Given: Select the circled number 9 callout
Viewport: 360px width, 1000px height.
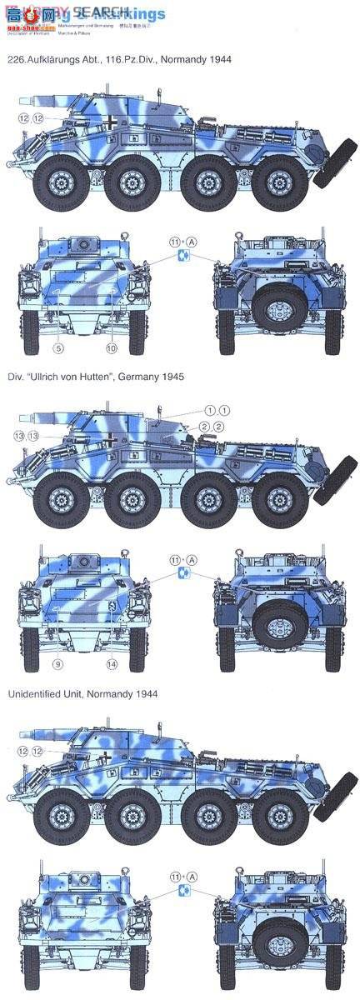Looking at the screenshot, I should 57,664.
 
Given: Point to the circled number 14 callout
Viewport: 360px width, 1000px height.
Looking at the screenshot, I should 112,664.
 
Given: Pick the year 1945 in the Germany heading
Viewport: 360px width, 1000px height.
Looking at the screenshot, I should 170,377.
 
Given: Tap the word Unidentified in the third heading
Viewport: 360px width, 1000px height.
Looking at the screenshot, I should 34,693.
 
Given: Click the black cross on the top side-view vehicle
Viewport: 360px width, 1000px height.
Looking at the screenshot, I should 109,122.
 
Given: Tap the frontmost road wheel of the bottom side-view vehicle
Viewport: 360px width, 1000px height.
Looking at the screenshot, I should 57,814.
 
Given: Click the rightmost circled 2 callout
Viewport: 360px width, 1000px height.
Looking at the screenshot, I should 218,427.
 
